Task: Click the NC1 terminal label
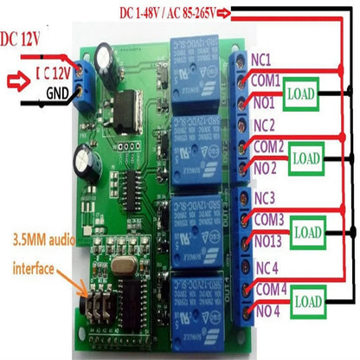coord(263,61)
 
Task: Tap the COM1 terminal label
coord(267,80)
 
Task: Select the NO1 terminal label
coord(263,101)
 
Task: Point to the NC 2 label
coord(265,125)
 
